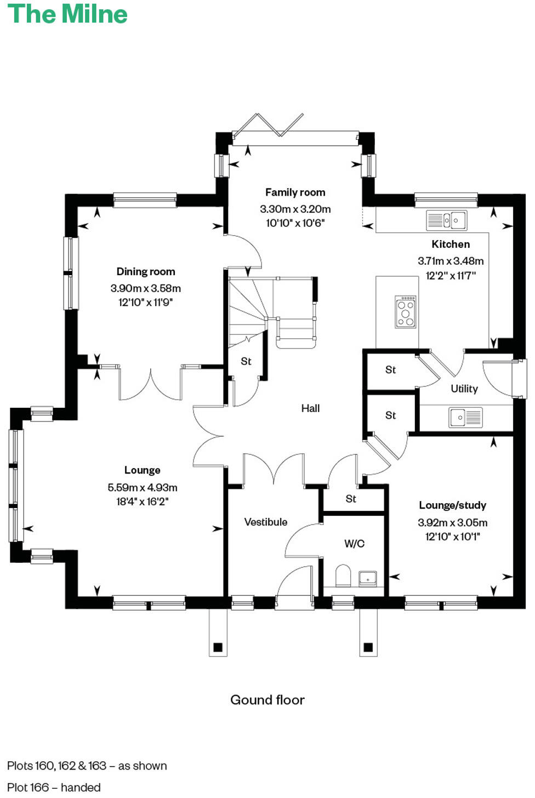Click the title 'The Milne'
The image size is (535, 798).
pyautogui.click(x=67, y=14)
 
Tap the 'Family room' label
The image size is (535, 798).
pyautogui.click(x=295, y=192)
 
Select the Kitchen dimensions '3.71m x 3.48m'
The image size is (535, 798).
pyautogui.click(x=451, y=261)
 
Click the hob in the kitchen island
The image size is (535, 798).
pyautogui.click(x=406, y=312)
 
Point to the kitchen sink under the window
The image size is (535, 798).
pyautogui.click(x=447, y=220)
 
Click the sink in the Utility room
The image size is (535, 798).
pyautogui.click(x=465, y=417)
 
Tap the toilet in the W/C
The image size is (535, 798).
pyautogui.click(x=343, y=575)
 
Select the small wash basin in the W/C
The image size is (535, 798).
pyautogui.click(x=367, y=578)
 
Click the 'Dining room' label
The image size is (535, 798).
pyautogui.click(x=146, y=271)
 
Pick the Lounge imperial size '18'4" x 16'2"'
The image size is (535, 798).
pyautogui.click(x=142, y=501)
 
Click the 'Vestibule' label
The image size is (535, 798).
pyautogui.click(x=265, y=522)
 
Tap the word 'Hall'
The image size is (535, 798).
pyautogui.click(x=310, y=408)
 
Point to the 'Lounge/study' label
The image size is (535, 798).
pyautogui.click(x=452, y=505)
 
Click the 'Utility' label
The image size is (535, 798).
pyautogui.click(x=464, y=389)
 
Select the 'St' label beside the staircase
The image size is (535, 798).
pyautogui.click(x=246, y=362)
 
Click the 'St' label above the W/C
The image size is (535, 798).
pyautogui.click(x=351, y=499)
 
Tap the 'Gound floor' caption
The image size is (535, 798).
pyautogui.click(x=267, y=700)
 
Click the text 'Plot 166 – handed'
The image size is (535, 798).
pyautogui.click(x=54, y=787)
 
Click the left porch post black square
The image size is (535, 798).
pyautogui.click(x=218, y=647)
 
